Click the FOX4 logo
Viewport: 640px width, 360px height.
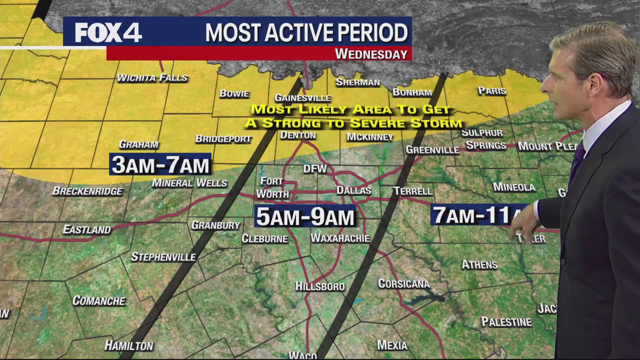(x=108, y=33)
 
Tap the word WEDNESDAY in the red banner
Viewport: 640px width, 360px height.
(x=371, y=54)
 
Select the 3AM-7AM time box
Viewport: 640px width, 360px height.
(x=160, y=164)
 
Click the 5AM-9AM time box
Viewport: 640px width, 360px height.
(x=305, y=217)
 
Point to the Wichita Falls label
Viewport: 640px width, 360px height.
(x=152, y=77)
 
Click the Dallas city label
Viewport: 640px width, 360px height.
(x=353, y=190)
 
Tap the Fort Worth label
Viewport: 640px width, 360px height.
(x=272, y=187)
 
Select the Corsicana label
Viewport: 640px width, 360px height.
(x=403, y=284)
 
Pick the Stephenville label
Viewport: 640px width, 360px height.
(x=163, y=257)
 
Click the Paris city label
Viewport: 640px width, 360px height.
(x=492, y=91)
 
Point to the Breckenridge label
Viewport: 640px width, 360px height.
(x=87, y=191)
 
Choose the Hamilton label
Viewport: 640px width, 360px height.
(x=128, y=345)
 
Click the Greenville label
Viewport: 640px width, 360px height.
(x=432, y=149)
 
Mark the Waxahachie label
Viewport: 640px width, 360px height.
(x=340, y=238)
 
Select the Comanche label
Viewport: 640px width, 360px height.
(x=98, y=300)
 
